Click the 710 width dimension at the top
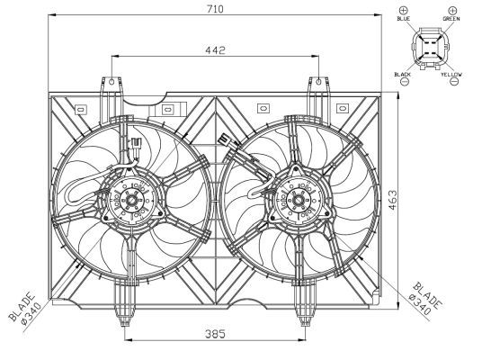click(x=215, y=9)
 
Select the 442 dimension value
click(x=215, y=50)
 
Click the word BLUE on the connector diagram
click(x=403, y=18)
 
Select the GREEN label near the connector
click(x=451, y=18)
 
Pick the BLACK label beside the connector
click(x=402, y=73)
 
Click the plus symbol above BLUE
click(x=403, y=8)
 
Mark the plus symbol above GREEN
click(x=451, y=8)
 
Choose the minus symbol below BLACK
click(x=403, y=82)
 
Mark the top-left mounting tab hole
click(x=112, y=83)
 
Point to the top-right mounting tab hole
click(x=318, y=83)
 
